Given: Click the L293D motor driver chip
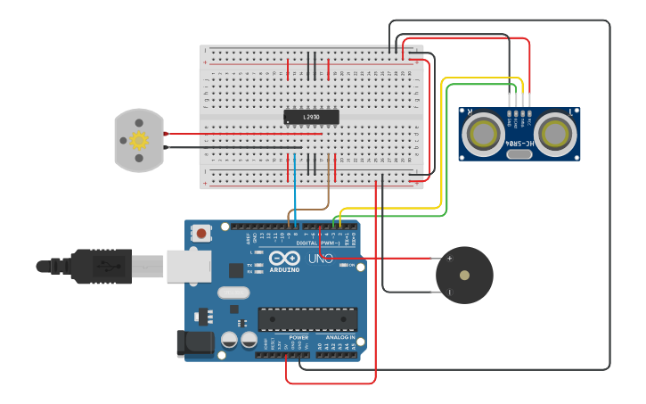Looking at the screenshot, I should [x=311, y=117].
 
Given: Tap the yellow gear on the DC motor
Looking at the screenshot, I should [x=138, y=140].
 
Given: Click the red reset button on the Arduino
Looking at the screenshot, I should [x=201, y=234].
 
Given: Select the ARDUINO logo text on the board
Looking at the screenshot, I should [x=285, y=268].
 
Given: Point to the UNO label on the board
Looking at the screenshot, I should [x=320, y=259].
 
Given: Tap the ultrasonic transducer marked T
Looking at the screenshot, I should [x=554, y=135].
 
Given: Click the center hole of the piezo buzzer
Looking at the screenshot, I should [x=463, y=275].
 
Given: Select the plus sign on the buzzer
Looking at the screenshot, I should [x=449, y=259].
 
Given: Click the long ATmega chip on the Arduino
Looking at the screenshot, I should [x=307, y=319].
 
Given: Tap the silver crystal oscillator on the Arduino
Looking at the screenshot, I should [x=233, y=293].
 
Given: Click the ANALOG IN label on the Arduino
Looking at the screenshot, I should [x=339, y=338].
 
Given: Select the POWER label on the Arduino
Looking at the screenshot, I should [x=298, y=338].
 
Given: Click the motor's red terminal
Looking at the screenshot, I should [x=166, y=134].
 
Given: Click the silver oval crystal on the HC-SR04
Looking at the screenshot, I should [x=519, y=154].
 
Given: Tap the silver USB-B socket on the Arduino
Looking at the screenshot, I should [x=189, y=266].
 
